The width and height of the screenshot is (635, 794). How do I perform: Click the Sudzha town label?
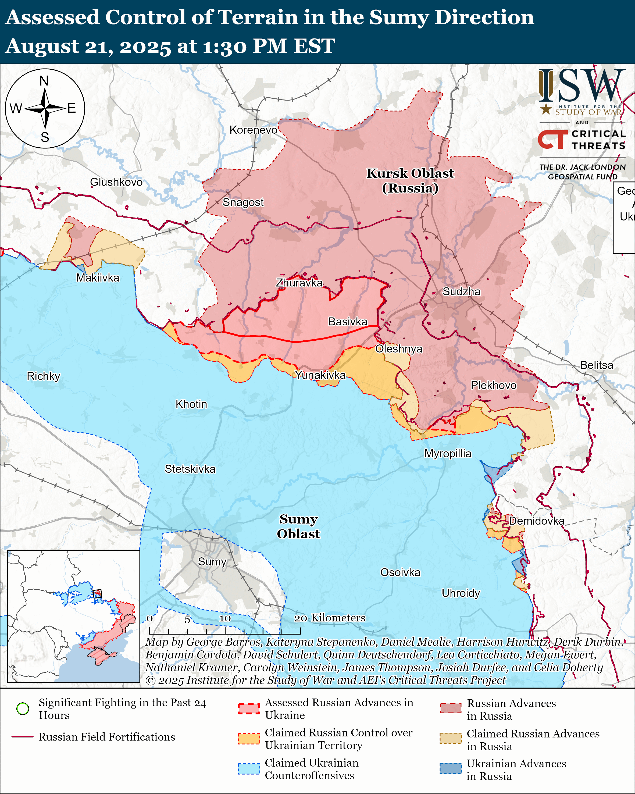click(x=461, y=292)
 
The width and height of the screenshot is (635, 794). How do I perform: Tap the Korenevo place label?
click(x=253, y=130)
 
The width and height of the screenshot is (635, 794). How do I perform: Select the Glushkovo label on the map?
click(x=116, y=182)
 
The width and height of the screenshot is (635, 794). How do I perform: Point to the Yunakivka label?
click(x=320, y=375)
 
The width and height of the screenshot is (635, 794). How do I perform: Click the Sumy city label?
click(x=212, y=562)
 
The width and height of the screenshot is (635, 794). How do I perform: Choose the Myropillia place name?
click(x=448, y=453)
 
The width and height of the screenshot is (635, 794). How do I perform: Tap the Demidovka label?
click(x=536, y=521)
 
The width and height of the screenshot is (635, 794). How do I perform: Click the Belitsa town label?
click(x=596, y=365)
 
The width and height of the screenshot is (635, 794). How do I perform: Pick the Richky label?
click(x=44, y=376)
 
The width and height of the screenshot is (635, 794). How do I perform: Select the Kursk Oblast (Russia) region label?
click(x=410, y=180)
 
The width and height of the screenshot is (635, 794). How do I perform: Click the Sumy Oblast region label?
click(x=298, y=526)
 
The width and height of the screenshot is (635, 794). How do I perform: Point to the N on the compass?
click(x=44, y=81)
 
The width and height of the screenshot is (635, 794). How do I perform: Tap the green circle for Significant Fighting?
click(x=23, y=708)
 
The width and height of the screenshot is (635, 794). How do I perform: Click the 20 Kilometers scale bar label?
click(x=330, y=618)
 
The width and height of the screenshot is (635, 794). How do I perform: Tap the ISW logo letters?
click(x=582, y=86)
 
